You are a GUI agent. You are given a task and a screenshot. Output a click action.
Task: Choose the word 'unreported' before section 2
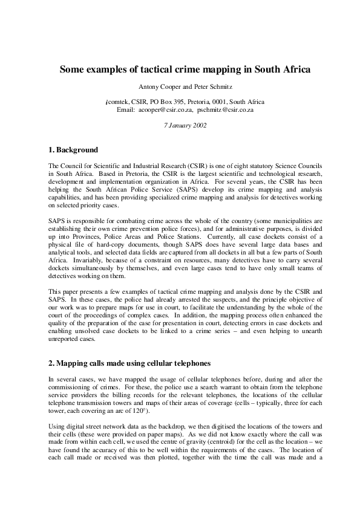(x=64, y=339)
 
